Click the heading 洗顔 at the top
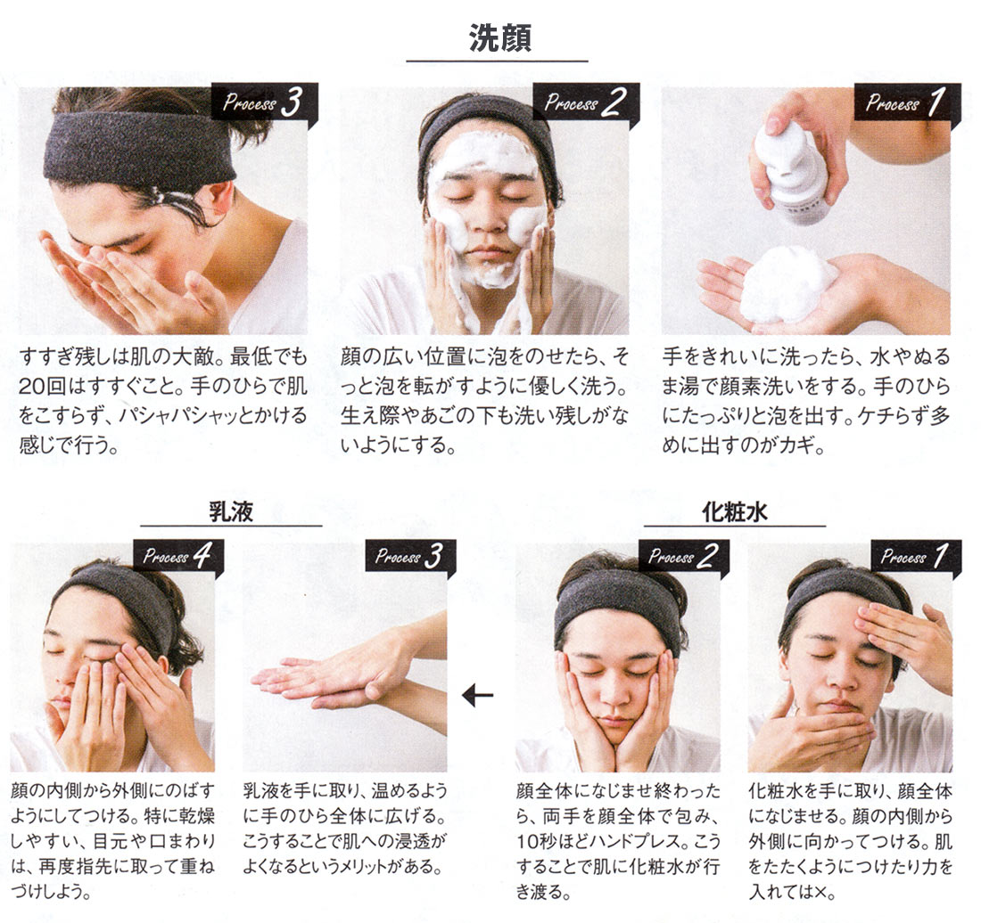(x=500, y=38)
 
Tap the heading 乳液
(x=231, y=511)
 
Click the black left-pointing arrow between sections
(x=477, y=695)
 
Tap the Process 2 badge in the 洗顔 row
(x=586, y=102)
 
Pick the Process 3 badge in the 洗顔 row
(x=265, y=102)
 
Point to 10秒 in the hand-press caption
(x=537, y=842)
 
